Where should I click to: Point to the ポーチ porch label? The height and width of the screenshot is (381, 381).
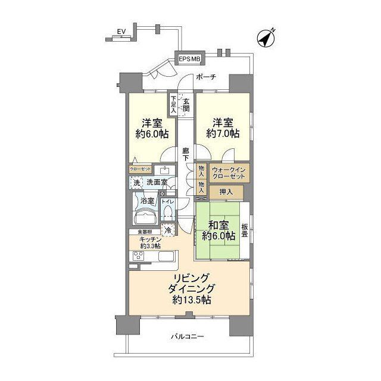(204, 77)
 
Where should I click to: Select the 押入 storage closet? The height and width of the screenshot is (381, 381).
(227, 192)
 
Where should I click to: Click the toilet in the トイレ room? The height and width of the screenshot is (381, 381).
(168, 213)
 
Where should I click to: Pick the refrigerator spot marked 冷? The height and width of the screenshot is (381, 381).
(168, 229)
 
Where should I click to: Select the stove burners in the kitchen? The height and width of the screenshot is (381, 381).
(138, 257)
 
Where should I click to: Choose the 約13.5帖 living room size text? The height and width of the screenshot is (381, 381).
(189, 299)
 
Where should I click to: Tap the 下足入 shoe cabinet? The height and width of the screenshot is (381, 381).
(173, 105)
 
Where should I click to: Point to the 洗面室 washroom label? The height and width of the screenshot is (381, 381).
(157, 182)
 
